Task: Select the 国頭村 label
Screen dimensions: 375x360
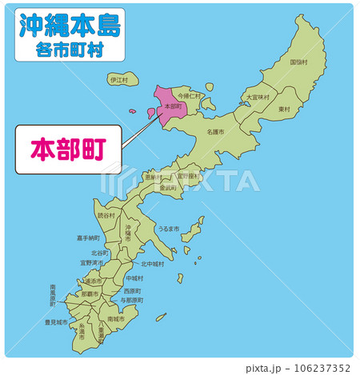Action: [x=298, y=62]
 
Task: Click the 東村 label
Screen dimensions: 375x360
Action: [x=284, y=109]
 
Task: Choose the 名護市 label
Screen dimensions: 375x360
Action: [x=215, y=132]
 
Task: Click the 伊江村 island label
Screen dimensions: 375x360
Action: [x=118, y=80]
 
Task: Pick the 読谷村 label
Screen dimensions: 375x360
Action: [x=106, y=215]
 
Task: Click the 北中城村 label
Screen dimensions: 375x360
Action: [x=152, y=263]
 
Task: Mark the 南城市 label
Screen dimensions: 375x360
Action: [x=117, y=319]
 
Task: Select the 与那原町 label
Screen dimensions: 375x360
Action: [x=131, y=300]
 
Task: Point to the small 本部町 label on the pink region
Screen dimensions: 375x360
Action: [x=172, y=106]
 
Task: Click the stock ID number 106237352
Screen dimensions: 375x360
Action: [x=322, y=369]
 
